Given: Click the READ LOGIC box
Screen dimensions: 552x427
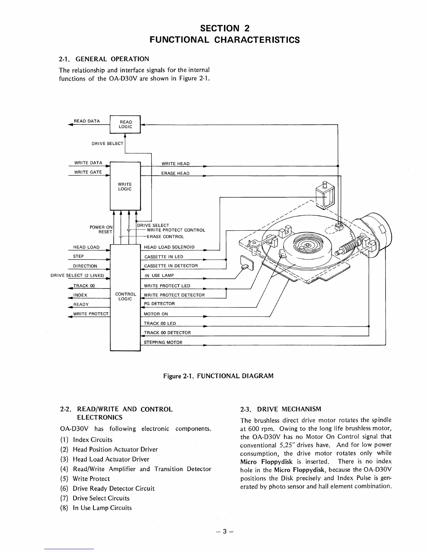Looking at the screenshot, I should point(125,124).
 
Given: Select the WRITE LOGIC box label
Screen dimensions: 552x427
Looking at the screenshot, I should point(125,186).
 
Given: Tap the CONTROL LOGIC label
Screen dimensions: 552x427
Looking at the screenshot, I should point(125,297).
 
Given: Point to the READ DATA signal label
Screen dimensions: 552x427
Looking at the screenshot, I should point(87,121).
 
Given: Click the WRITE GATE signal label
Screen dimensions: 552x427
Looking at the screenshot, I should point(88,172).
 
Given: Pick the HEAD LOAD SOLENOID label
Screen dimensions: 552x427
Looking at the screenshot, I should point(169,247).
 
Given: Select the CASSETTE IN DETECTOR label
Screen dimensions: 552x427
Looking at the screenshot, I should point(171,266).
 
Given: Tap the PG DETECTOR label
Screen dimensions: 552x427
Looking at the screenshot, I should point(159,304).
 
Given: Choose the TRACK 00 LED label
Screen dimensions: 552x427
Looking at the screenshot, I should point(160,323).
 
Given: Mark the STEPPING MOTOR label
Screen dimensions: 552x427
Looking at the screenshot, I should point(163,342).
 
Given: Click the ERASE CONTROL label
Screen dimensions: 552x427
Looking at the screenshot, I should point(165,237).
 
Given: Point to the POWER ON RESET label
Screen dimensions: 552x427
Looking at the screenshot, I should point(101,229).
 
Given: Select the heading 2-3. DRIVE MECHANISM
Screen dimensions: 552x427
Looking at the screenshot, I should point(281,409).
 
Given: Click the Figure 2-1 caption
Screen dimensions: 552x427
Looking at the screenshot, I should point(218,376).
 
